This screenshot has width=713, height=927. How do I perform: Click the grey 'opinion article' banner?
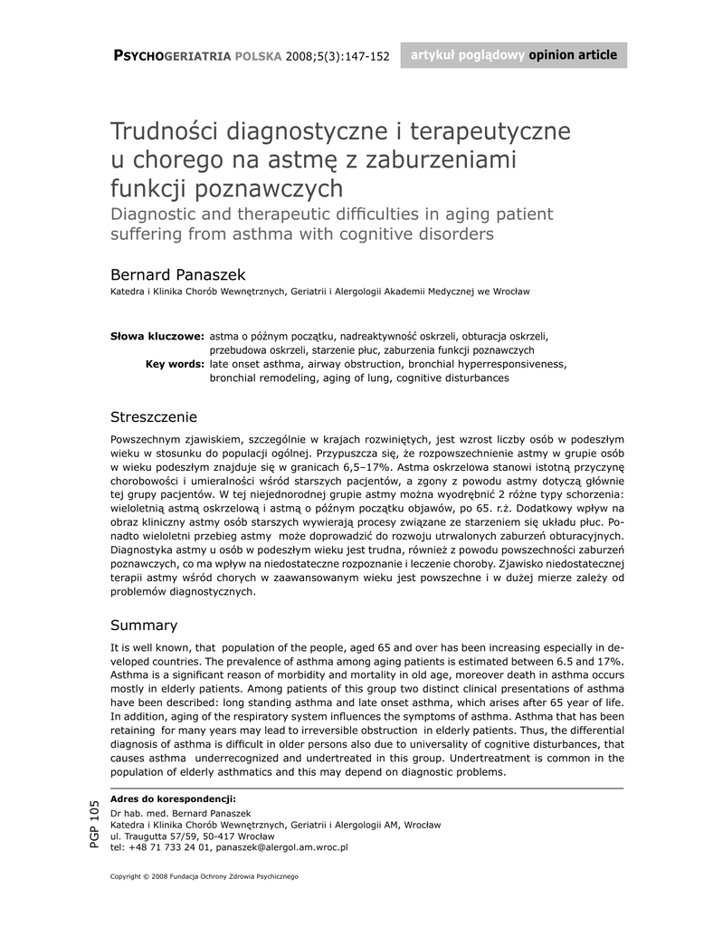(513, 55)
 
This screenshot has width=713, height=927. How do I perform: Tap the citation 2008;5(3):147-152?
(337, 56)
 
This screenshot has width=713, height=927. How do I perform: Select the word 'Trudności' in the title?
(164, 131)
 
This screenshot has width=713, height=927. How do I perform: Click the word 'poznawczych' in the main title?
(270, 189)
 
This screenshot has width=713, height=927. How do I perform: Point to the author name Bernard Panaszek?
(177, 273)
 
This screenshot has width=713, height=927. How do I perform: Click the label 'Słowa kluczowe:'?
(157, 335)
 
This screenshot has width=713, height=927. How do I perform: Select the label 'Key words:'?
(175, 364)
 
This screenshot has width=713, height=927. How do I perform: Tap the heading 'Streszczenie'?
(153, 417)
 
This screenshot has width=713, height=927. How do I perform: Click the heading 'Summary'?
(144, 626)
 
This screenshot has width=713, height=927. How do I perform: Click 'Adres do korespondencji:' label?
(173, 798)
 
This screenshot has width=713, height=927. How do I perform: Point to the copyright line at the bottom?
(204, 877)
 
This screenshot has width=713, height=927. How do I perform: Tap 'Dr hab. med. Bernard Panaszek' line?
(180, 813)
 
